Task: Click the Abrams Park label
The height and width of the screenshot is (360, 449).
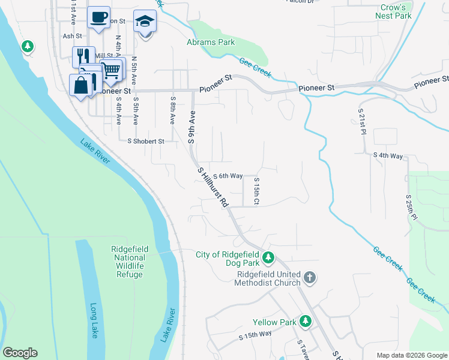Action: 211,43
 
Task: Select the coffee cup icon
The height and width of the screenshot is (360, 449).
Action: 98,17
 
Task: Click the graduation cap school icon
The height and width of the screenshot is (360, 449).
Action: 145,21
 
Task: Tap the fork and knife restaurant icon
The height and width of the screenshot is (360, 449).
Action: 83,57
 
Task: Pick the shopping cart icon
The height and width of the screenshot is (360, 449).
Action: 111,70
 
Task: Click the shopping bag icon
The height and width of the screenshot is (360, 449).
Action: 81,85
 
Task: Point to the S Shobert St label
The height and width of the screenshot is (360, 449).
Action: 146,142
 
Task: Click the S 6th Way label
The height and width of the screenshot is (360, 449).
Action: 227,176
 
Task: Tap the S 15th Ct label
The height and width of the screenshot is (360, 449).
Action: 256,191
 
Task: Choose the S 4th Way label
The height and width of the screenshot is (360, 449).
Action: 388,155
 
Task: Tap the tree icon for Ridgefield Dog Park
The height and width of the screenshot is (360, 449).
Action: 269,259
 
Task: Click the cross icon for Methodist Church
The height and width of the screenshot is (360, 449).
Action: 309,277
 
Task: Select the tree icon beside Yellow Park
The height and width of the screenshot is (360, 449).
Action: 306,322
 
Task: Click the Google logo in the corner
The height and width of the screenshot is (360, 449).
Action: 20,353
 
